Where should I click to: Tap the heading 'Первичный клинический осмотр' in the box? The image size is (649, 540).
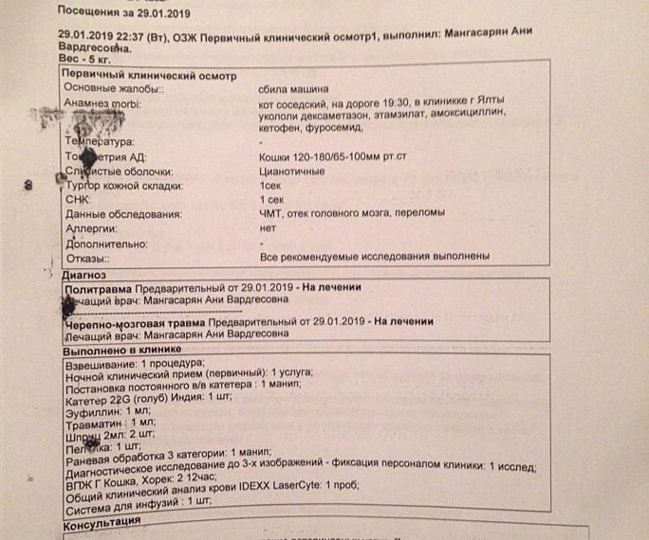[148, 74]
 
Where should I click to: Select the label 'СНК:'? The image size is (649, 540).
[76, 201]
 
